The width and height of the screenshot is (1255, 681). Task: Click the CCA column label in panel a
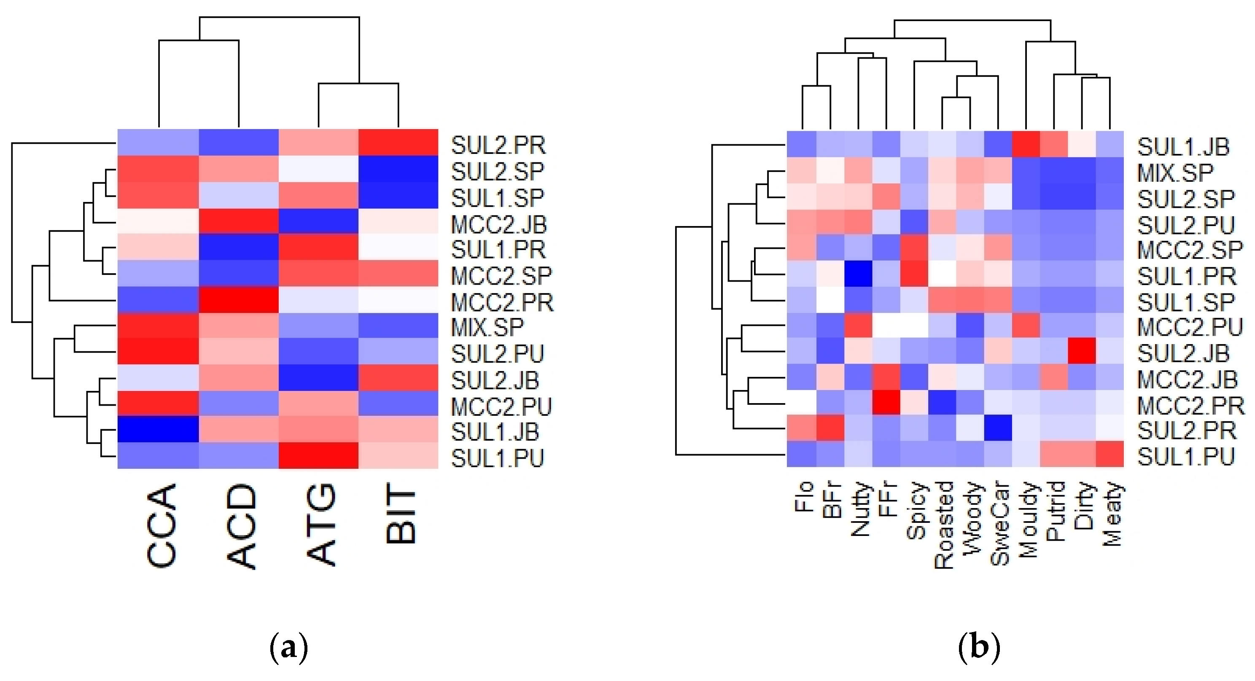[x=161, y=526]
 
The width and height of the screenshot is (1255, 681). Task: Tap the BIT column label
[x=401, y=517]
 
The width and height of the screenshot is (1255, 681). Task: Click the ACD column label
[x=241, y=526]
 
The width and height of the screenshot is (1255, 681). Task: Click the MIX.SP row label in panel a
[x=487, y=327]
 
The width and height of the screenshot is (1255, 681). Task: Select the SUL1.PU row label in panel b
[x=1186, y=456]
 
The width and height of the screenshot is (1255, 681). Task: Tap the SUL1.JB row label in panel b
[x=1183, y=147]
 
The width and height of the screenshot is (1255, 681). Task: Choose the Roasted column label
[x=944, y=525]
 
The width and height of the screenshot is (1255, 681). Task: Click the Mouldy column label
[x=1027, y=519]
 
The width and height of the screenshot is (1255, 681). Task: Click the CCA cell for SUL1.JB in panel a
[x=158, y=429]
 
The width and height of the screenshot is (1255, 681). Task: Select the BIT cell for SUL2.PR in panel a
[x=398, y=142]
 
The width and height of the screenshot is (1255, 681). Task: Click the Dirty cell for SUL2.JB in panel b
[x=1082, y=351]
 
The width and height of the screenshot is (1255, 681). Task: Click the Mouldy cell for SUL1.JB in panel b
[x=1026, y=144]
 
